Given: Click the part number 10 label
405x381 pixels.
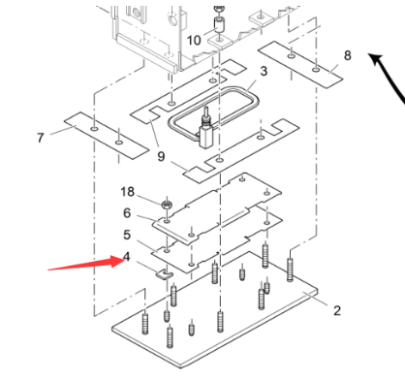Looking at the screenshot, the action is pos(194,41).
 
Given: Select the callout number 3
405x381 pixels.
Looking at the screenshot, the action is pos(264,71).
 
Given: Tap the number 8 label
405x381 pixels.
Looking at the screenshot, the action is pos(347,55).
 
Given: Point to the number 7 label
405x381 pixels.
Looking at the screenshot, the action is pos(40,138).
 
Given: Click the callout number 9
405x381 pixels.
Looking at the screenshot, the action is pos(161,156).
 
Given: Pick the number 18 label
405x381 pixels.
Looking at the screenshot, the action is pos(127,192).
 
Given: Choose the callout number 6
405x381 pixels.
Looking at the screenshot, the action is pos(127,213).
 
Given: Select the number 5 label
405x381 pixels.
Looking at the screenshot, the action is pos(127,235).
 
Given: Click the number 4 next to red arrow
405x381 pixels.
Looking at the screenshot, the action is pos(127,257).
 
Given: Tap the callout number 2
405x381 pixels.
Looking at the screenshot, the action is pos(337,310).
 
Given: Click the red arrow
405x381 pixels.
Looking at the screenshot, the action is pos(85,263).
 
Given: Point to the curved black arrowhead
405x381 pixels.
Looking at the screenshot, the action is pos(376,60).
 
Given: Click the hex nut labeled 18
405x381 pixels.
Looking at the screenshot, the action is pos(167,204).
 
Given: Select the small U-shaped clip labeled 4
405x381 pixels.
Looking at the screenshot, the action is pos(165,275).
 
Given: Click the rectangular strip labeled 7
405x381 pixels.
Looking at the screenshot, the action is pos(107,136).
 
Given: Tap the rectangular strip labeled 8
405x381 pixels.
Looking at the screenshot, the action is pos(300,64).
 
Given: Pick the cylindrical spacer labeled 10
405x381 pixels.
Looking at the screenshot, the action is pos(219,24).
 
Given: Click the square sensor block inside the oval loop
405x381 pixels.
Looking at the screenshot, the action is pos(205,137).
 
